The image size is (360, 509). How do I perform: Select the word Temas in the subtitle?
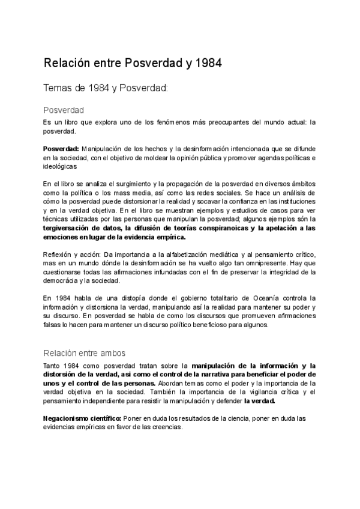coord(58,88)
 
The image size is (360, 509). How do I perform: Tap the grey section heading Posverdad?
coord(63,110)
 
